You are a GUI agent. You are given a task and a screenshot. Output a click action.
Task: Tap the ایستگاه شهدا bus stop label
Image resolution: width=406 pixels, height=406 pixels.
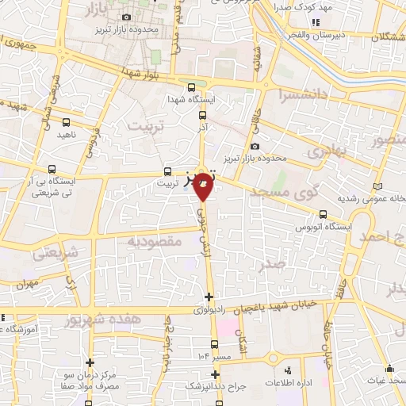190,101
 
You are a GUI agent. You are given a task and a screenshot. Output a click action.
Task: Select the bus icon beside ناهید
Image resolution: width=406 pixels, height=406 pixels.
66,123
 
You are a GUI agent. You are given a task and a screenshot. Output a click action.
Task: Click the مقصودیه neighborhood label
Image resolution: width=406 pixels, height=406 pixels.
155,240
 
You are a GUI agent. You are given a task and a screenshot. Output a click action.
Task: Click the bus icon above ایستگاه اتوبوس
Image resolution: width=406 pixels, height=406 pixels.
323,214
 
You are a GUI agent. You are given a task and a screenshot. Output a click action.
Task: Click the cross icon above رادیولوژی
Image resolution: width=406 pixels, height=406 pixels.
209,297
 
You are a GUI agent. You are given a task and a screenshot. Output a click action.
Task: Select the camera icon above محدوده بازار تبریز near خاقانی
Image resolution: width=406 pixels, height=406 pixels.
254,147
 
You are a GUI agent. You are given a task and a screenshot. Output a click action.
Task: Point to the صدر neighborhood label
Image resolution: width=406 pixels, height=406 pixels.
276,266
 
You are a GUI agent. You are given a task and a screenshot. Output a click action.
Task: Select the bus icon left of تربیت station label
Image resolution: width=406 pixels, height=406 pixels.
167,171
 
